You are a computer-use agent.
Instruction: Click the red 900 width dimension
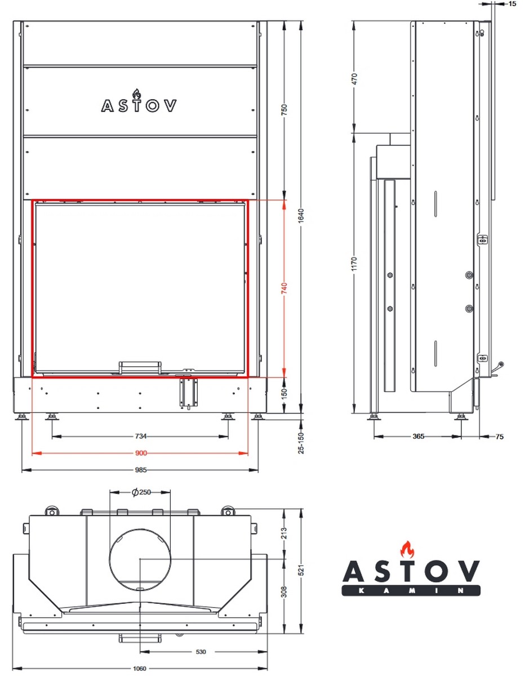[x=141, y=453]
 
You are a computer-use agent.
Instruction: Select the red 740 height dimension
[x=284, y=288]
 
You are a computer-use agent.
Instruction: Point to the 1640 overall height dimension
[x=301, y=216]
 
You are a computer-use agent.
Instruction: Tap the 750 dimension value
[x=284, y=110]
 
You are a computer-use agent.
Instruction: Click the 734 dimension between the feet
[x=141, y=436]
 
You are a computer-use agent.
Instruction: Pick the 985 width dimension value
[x=141, y=470]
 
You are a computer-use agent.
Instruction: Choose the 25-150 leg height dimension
[x=301, y=443]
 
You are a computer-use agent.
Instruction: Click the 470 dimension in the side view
[x=354, y=79]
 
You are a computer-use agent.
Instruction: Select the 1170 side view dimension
[x=354, y=264]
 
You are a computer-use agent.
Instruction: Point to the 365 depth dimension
[x=418, y=436]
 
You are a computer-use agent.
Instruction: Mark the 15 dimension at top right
[x=512, y=4]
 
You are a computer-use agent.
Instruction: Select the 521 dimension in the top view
[x=301, y=570]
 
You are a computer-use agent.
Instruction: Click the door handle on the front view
[x=140, y=367]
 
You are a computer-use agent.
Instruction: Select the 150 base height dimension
[x=284, y=394]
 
